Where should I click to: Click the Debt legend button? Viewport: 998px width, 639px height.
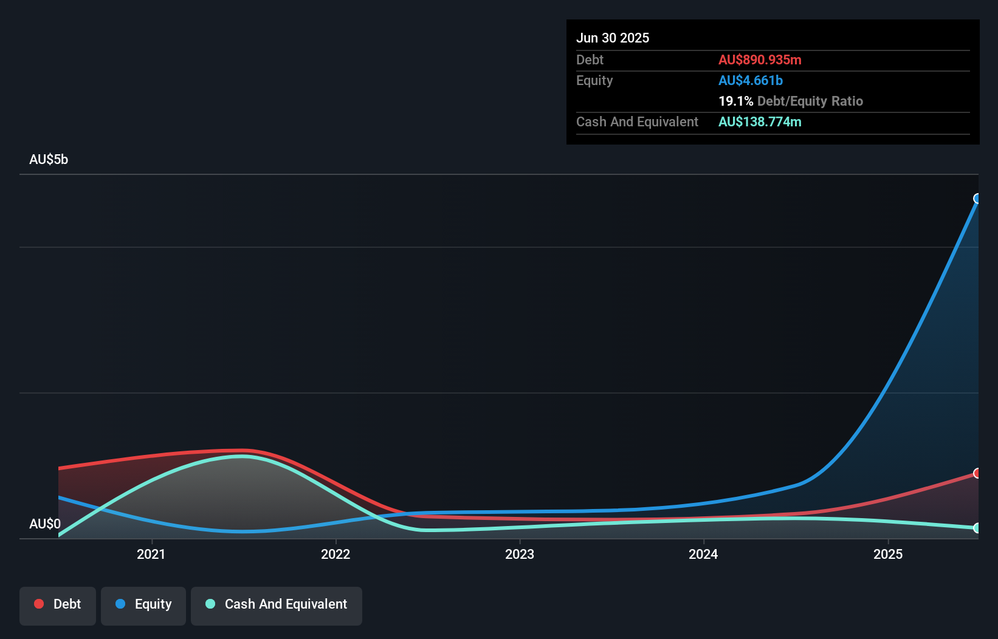(x=58, y=605)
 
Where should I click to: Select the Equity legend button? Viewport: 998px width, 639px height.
(x=143, y=605)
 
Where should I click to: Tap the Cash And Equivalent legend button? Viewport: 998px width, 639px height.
(x=277, y=605)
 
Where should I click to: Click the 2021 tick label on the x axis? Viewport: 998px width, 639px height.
(x=151, y=554)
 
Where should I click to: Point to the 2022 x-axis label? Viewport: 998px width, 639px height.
(x=336, y=554)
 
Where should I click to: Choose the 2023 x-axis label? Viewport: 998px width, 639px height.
(x=520, y=554)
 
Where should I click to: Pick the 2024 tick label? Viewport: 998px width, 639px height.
(x=703, y=554)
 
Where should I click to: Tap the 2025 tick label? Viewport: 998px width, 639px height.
(x=888, y=554)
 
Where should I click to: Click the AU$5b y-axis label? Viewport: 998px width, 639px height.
(x=49, y=160)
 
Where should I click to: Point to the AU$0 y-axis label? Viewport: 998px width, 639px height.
(x=45, y=524)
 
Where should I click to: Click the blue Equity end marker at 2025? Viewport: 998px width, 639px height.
(x=977, y=199)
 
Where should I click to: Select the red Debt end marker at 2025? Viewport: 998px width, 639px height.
(x=977, y=473)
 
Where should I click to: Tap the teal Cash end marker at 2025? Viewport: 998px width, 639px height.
(x=977, y=528)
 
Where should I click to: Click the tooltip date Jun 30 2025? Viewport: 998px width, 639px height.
(x=613, y=38)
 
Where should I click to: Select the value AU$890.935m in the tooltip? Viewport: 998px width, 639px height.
(x=760, y=60)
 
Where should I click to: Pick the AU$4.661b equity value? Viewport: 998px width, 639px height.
(x=751, y=81)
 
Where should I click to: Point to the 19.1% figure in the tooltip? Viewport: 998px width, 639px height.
(x=736, y=101)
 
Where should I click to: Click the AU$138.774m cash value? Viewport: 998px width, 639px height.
(x=760, y=122)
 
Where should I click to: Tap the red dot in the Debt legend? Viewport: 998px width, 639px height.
(x=39, y=604)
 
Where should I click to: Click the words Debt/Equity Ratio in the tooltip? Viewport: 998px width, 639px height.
(x=810, y=101)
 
